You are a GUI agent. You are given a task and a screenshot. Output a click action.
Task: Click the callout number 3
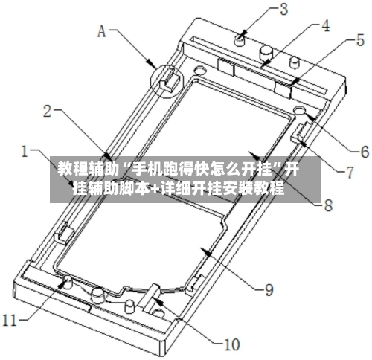click(x=283, y=10)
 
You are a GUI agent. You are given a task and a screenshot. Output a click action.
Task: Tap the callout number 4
click(x=325, y=26)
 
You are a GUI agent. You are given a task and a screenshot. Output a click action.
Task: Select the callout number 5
click(x=360, y=40)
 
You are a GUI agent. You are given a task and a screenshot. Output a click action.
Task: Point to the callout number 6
click(x=365, y=152)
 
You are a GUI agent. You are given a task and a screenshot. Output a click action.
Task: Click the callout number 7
click(x=350, y=173)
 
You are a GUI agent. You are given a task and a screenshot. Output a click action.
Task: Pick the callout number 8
click(x=328, y=205)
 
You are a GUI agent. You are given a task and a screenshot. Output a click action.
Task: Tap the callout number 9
click(x=269, y=289)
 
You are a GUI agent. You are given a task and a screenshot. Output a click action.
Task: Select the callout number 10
click(x=232, y=344)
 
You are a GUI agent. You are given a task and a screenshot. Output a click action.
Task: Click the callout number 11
click(x=10, y=320)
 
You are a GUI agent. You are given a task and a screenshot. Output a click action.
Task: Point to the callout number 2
click(x=48, y=112)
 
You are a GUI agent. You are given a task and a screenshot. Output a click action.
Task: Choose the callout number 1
click(x=25, y=151)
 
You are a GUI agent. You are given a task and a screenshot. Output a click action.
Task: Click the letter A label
click(x=102, y=31)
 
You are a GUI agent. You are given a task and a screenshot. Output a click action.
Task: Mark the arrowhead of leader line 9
click(x=207, y=253)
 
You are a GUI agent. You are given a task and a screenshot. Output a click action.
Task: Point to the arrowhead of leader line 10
click(x=158, y=301)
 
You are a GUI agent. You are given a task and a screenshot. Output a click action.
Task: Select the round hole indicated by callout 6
click(x=300, y=110)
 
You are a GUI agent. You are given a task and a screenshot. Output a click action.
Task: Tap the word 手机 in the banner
click(x=144, y=170)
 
